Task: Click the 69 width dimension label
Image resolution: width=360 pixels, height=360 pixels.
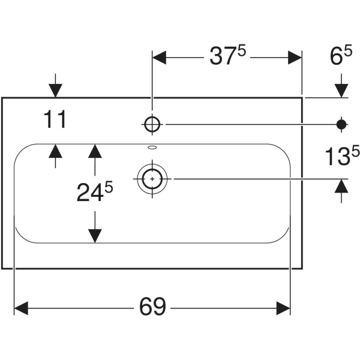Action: pos(152,307)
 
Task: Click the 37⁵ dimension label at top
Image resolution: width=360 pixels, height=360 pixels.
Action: pos(227,57)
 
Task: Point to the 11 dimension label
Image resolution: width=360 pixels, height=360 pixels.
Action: pos(55,120)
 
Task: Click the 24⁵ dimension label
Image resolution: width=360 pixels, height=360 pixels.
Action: pos(94,192)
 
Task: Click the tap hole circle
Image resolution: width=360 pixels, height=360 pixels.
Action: pos(152,124)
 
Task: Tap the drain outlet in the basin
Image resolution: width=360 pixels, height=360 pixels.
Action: pos(152,178)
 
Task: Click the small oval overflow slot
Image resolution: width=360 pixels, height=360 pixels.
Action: pos(152,146)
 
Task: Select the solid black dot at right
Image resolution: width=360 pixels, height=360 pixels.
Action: pos(341,124)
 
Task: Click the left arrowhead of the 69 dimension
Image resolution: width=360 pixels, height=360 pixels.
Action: pos(21,308)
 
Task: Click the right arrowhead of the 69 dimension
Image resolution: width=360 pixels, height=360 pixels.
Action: pos(283,308)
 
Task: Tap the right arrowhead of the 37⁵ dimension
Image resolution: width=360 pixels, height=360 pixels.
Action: pos(294,58)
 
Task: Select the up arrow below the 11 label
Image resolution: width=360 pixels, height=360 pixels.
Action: pos(55,151)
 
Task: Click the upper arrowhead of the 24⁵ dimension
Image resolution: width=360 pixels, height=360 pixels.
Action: pos(94,151)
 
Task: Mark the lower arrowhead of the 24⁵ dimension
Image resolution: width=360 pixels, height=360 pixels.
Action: pos(94,235)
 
